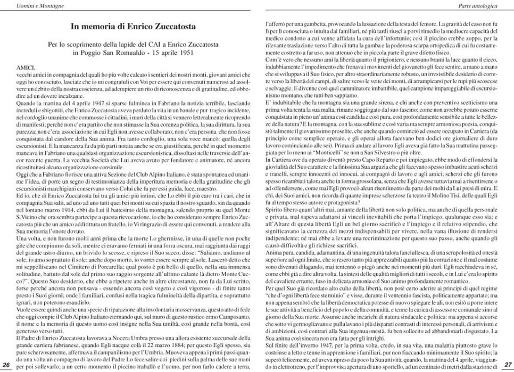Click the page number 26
pyautogui.click(x=6, y=363)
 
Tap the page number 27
pyautogui.click(x=508, y=363)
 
